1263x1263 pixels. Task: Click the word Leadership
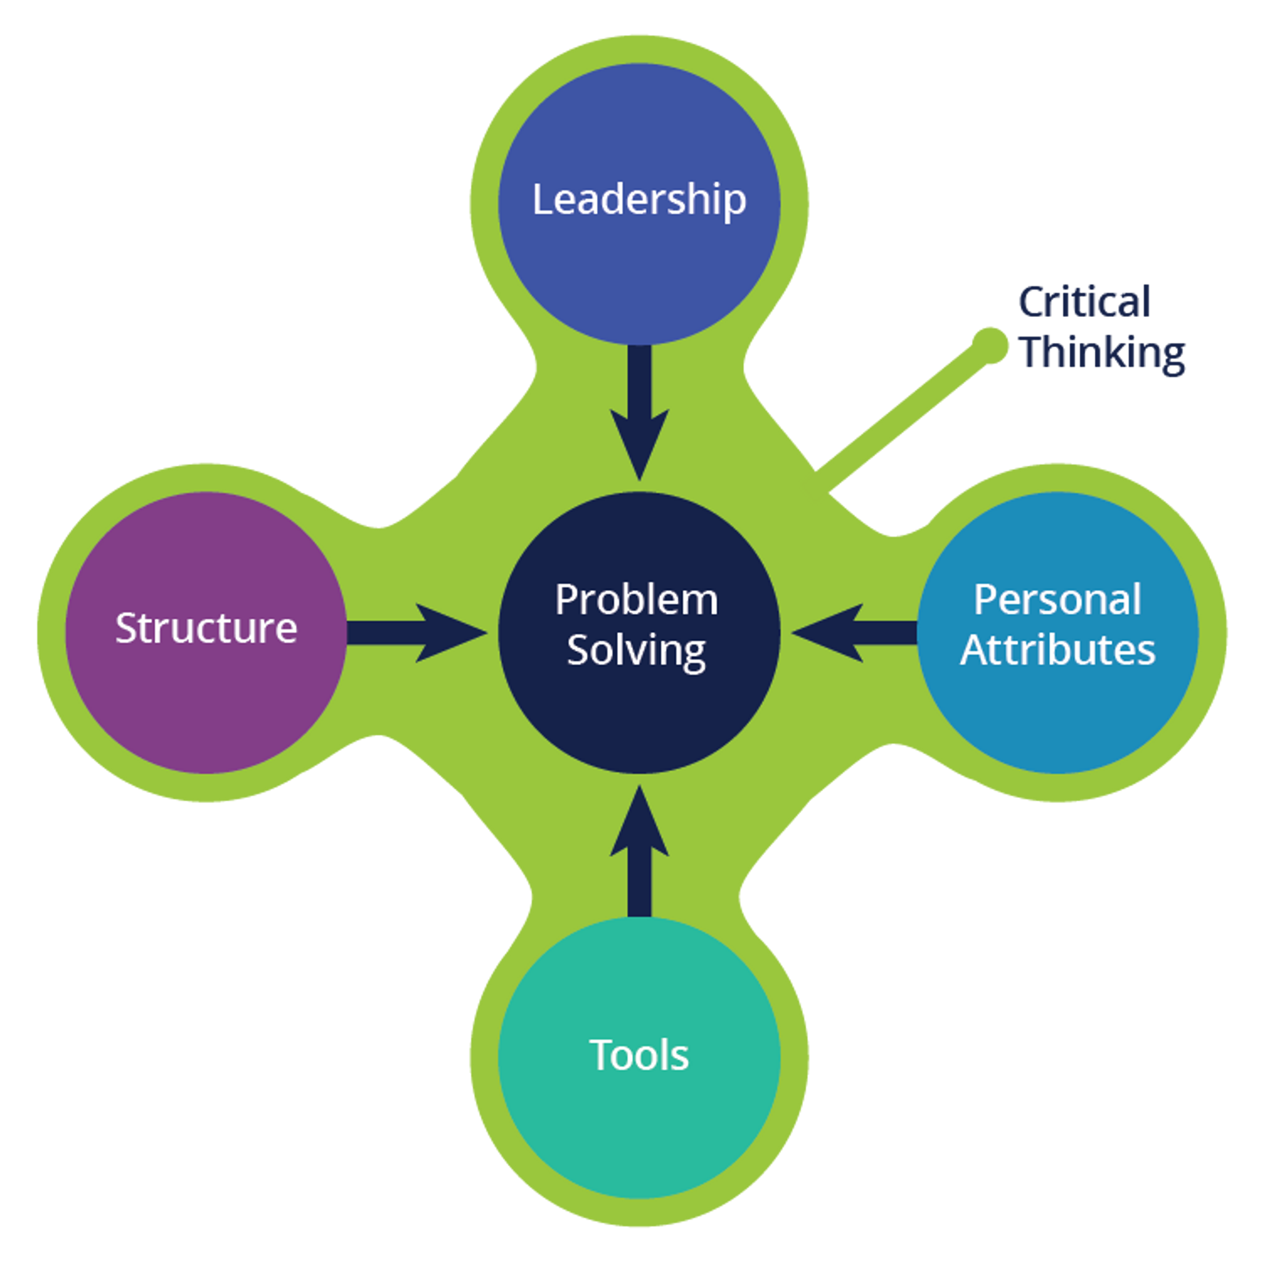pyautogui.click(x=639, y=199)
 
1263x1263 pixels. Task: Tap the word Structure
pyautogui.click(x=207, y=628)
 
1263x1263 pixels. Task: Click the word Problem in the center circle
pyautogui.click(x=636, y=599)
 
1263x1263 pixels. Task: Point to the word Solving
pyautogui.click(x=636, y=651)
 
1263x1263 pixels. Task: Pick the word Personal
pyautogui.click(x=1057, y=599)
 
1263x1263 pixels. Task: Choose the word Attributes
pyautogui.click(x=1057, y=651)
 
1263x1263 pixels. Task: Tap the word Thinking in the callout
pyautogui.click(x=1103, y=353)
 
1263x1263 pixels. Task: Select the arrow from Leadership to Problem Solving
pyautogui.click(x=640, y=412)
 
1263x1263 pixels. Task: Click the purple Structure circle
pyautogui.click(x=207, y=706)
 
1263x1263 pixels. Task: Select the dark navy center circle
pyautogui.click(x=639, y=719)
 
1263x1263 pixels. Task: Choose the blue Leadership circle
pyautogui.click(x=639, y=274)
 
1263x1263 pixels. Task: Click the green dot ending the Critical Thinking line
pyautogui.click(x=990, y=345)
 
